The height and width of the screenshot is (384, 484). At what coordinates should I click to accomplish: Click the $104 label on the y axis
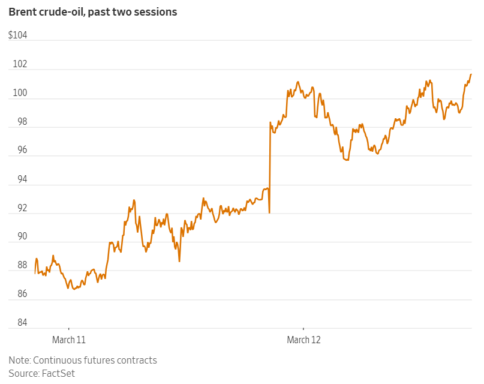point(18,35)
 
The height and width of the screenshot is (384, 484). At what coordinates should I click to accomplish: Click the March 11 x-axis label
point(69,340)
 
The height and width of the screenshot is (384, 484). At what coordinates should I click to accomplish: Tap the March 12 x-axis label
point(303,340)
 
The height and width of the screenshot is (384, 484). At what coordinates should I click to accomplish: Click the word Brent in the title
point(23,12)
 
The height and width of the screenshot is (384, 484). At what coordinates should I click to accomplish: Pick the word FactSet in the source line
point(58,373)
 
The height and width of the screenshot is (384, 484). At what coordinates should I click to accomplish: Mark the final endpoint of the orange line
point(471,74)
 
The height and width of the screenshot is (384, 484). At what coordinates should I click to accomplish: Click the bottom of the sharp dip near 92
point(269,212)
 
